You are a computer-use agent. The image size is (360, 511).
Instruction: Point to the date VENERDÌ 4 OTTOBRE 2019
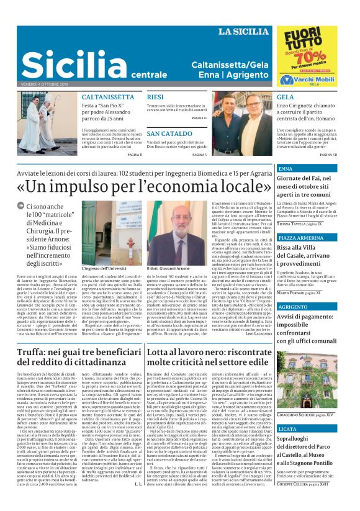(x=42, y=83)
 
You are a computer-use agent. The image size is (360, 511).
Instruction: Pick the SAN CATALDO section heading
(x=169, y=134)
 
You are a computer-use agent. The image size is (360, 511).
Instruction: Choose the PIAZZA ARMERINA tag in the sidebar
(x=300, y=238)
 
